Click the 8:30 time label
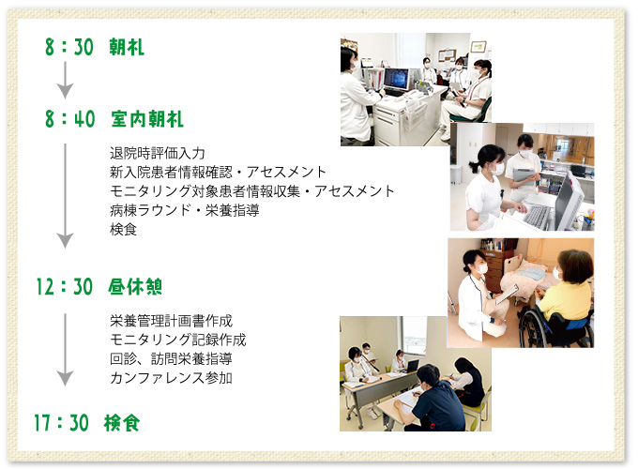tap(69, 47)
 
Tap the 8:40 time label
tap(70, 119)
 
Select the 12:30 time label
tap(65, 287)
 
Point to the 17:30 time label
tap(61, 423)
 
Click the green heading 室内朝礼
tap(147, 119)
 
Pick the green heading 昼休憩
tap(135, 287)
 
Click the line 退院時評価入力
tap(158, 153)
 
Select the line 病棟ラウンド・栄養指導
tap(184, 210)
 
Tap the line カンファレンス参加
tap(171, 378)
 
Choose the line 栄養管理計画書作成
tap(171, 321)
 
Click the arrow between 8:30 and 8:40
tap(65, 80)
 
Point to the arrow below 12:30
tap(65, 350)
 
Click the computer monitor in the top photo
tap(396, 80)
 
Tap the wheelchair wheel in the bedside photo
tap(532, 328)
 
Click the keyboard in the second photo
tap(537, 217)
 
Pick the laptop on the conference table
tap(411, 366)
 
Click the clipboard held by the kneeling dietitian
tap(507, 294)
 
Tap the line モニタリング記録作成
tap(178, 340)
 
